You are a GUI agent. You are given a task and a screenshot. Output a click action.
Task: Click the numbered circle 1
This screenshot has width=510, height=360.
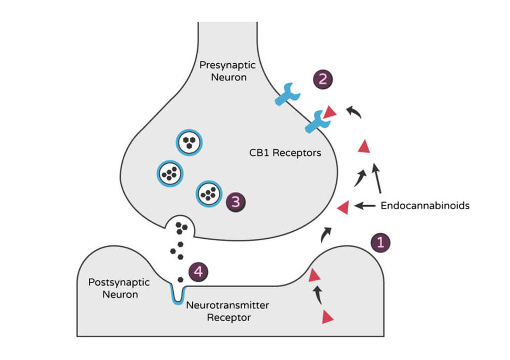[380, 242]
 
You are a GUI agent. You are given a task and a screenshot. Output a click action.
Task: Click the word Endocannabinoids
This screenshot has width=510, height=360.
[425, 205]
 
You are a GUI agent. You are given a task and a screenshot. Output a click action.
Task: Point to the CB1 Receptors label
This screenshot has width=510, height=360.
[285, 153]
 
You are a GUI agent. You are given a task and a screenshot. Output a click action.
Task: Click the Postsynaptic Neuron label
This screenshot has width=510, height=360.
[112, 288]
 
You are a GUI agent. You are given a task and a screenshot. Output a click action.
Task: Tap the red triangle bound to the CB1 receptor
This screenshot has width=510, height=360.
[331, 112]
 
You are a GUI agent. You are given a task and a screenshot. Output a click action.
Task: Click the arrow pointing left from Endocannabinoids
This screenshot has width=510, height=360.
[365, 205]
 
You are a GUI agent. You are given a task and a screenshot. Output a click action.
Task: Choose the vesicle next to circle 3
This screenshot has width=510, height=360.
[209, 194]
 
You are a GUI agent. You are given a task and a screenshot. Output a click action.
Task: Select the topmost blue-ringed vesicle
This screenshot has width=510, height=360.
[188, 142]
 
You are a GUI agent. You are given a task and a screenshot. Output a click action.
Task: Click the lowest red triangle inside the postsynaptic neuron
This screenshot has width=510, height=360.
[327, 317]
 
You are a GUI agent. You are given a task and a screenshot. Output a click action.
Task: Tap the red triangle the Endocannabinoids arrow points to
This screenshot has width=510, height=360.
[344, 207]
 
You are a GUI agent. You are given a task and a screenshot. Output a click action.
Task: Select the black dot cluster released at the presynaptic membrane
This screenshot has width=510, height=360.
[182, 228]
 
